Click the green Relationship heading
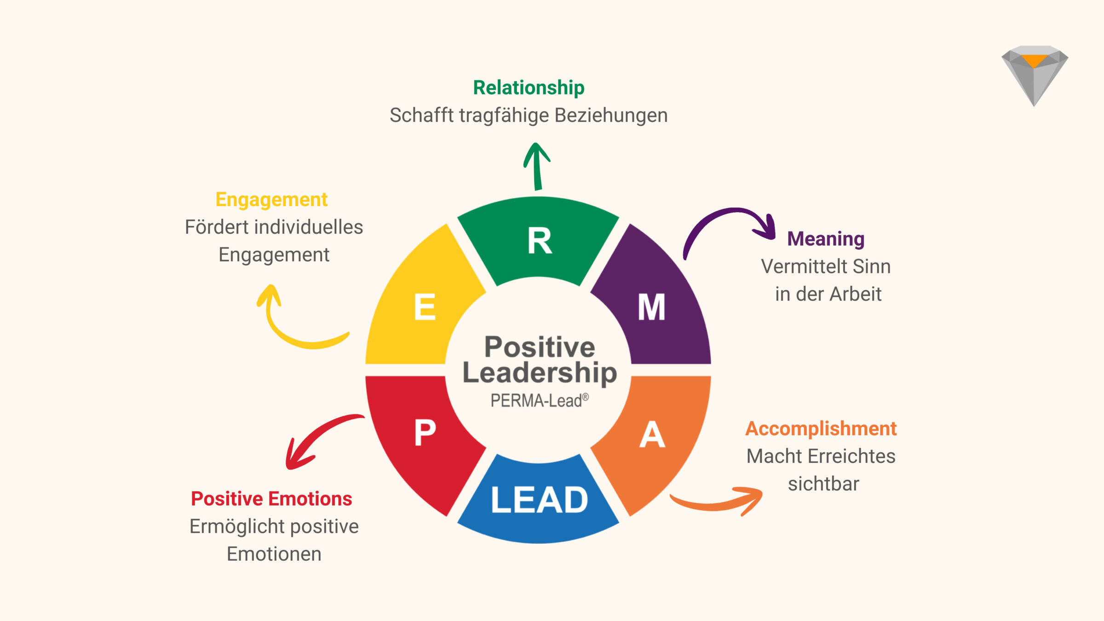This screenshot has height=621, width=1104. click(529, 87)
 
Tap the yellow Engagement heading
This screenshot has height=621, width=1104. click(271, 200)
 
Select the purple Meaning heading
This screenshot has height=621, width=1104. click(826, 239)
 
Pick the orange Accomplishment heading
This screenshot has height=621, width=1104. click(821, 429)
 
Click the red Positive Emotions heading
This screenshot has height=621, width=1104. click(271, 499)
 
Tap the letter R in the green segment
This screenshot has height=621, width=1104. click(539, 241)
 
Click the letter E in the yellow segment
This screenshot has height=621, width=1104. click(425, 307)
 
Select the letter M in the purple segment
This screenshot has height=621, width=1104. click(651, 307)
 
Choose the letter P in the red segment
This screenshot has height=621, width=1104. click(425, 432)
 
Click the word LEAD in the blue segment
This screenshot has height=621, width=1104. click(539, 500)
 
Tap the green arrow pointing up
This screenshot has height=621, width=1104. click(537, 166)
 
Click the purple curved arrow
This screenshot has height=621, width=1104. click(727, 221)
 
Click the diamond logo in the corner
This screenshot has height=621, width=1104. click(1035, 74)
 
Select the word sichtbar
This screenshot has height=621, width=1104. click(823, 484)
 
